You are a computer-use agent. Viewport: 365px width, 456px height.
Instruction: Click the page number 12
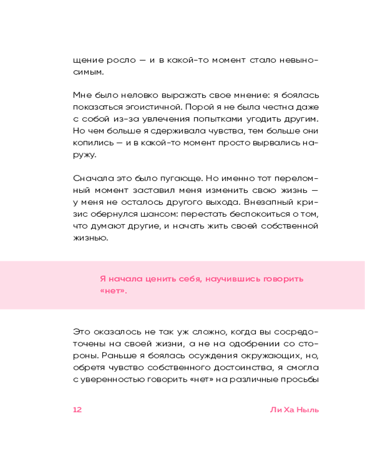click(77, 409)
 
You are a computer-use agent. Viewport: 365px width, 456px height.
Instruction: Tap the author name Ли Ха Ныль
click(294, 409)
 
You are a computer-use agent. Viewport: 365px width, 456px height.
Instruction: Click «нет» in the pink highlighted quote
click(113, 291)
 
